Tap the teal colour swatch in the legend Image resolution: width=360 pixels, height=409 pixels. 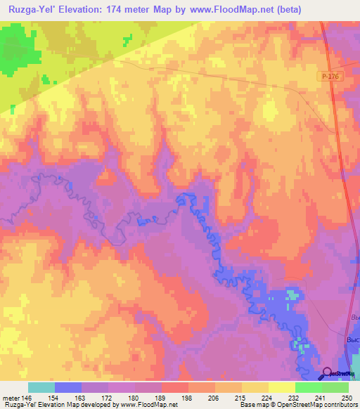41,387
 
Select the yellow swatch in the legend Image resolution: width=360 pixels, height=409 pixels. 282,387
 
